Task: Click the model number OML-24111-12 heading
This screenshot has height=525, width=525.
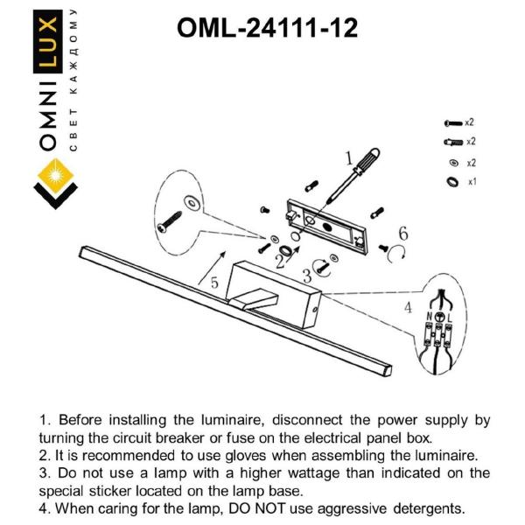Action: pyautogui.click(x=267, y=29)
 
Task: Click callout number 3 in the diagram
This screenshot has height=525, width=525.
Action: pyautogui.click(x=306, y=276)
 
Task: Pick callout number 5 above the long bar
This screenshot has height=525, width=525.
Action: pyautogui.click(x=213, y=283)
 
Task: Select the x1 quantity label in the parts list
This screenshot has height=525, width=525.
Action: pyautogui.click(x=471, y=182)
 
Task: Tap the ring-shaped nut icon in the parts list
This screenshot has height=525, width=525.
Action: pyautogui.click(x=451, y=182)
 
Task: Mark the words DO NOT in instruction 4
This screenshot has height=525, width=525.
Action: pyautogui.click(x=264, y=507)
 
